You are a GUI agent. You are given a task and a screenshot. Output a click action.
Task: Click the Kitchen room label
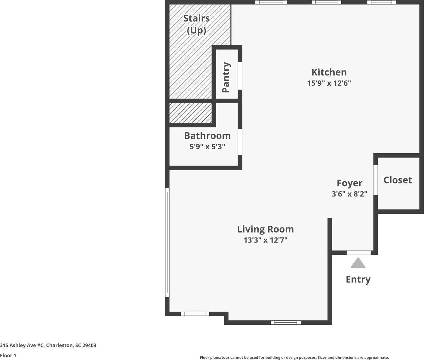tap(329, 72)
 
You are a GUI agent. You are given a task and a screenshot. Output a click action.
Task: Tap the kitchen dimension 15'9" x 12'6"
tap(329, 83)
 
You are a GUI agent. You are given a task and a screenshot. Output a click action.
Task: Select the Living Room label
tap(265, 229)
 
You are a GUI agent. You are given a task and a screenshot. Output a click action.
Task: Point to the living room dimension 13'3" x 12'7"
tap(265, 240)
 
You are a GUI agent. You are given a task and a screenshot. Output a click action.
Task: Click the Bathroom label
tap(207, 136)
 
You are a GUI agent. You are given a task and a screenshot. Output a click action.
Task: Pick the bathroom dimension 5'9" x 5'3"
tap(207, 147)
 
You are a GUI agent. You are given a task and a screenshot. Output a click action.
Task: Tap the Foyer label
tap(349, 183)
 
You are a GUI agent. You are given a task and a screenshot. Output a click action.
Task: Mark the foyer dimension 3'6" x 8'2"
tap(349, 194)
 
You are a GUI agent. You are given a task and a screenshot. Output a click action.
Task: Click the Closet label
tap(398, 180)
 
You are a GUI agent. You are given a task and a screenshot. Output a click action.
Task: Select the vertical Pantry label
tap(226, 77)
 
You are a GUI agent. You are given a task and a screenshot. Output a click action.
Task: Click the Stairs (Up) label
tap(196, 24)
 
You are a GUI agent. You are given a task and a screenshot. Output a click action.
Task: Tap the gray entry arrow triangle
tap(358, 263)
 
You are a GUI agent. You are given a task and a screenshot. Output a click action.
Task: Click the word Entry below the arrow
tap(358, 279)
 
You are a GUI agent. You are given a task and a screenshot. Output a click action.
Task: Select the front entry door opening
tap(358, 253)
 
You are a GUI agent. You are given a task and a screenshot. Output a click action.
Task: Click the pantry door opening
tap(240, 76)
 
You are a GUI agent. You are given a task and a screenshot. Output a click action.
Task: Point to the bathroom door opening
tap(240, 142)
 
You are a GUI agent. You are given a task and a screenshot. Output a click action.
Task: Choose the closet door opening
tap(375, 180)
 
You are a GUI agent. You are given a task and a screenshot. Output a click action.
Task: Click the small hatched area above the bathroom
tap(190, 113)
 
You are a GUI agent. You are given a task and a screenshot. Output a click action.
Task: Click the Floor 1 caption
tap(8, 355)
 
